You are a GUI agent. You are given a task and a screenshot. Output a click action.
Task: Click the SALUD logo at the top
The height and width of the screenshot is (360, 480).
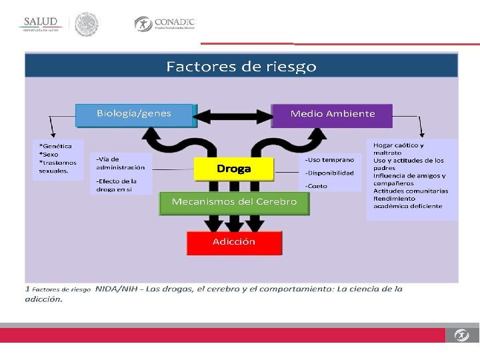[x=42, y=24]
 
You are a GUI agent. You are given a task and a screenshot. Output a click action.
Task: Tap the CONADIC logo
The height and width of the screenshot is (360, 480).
[x=165, y=24]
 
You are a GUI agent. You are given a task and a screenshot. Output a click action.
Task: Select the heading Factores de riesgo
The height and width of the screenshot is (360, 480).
[x=241, y=67]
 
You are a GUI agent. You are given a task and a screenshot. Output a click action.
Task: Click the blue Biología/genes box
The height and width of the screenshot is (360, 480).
[x=134, y=114]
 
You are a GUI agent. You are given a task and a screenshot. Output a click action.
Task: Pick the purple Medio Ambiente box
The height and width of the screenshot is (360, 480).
[x=332, y=114]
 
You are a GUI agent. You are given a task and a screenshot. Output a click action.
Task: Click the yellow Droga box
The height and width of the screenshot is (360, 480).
[x=233, y=169]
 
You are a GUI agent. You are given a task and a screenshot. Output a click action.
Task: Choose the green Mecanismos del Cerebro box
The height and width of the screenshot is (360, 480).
[x=234, y=202]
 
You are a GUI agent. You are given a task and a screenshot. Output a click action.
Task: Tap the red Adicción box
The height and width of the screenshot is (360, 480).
[x=234, y=242]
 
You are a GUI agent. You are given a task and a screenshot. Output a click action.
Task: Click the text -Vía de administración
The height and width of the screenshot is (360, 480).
[x=120, y=163]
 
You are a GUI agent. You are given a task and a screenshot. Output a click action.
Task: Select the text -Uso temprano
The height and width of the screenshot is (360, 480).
[x=330, y=160]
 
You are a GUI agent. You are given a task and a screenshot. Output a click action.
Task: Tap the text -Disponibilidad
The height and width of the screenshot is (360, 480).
[x=330, y=173]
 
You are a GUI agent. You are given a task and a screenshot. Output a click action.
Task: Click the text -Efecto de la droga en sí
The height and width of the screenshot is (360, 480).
[x=117, y=185]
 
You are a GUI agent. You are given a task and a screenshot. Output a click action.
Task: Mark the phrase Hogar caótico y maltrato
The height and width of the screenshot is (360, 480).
[x=398, y=149]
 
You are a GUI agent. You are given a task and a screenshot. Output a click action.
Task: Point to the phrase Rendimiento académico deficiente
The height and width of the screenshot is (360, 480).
[x=407, y=202]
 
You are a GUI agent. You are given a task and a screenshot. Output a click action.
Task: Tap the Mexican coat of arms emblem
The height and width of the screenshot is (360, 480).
[x=86, y=24]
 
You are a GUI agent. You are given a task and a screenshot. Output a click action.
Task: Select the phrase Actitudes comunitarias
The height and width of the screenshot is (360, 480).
[x=410, y=191]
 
